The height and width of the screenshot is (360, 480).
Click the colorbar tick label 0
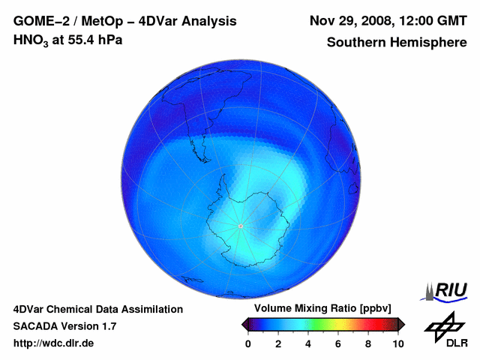pyautogui.click(x=248, y=343)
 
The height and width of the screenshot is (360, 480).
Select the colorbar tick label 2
pyautogui.click(x=278, y=343)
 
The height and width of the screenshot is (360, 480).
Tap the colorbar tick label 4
pyautogui.click(x=308, y=343)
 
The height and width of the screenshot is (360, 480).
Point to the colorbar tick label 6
pyautogui.click(x=338, y=343)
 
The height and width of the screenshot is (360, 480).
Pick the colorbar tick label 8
pyautogui.click(x=368, y=343)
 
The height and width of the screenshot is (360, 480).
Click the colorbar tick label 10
pyautogui.click(x=398, y=343)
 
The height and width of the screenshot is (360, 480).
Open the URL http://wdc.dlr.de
pyautogui.click(x=54, y=343)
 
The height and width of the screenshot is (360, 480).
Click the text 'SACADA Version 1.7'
pyautogui.click(x=64, y=326)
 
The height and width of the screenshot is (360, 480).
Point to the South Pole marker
pyautogui.click(x=240, y=226)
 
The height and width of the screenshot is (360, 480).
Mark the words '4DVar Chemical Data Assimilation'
pyautogui.click(x=97, y=309)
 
